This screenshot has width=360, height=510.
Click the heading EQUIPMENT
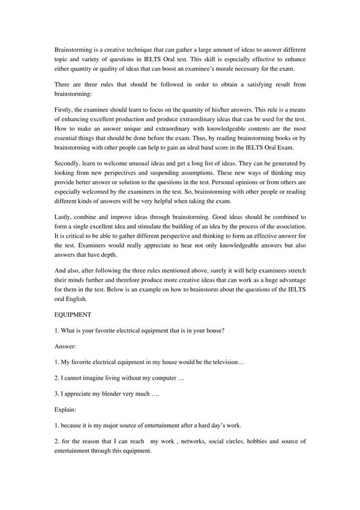[x=71, y=313]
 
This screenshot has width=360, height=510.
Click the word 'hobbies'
[x=259, y=442]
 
